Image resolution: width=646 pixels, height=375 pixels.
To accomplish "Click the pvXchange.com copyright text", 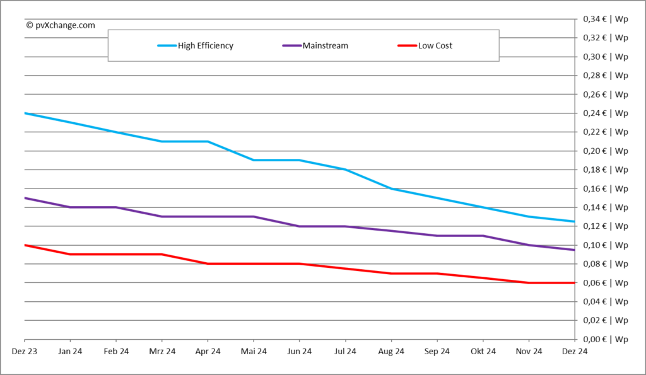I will point(61,25).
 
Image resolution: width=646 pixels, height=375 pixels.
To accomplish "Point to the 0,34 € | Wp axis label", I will point(604,20).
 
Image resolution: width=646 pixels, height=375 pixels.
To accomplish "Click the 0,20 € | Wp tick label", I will point(604,151).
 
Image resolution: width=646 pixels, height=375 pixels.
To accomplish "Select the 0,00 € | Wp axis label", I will point(604,339).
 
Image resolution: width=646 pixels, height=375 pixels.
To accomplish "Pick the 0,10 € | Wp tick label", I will point(604,245).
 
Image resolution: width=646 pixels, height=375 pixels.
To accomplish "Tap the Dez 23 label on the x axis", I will point(24,351).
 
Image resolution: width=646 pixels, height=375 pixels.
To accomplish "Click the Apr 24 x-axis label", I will point(208,351).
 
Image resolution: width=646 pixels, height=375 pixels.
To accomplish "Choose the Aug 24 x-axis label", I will point(391,351).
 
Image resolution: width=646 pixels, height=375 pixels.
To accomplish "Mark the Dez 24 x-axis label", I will point(575,351).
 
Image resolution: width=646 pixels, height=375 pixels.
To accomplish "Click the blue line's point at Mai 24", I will point(254,160).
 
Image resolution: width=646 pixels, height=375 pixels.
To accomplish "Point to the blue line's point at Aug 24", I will point(391,188).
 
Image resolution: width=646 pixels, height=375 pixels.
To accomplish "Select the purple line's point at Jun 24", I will point(299,226).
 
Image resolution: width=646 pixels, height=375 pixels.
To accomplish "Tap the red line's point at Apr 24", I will point(208,263).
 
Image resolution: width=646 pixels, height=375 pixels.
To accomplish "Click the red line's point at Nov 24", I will point(529,282).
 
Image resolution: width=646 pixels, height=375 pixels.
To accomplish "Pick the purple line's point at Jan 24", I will point(70,207).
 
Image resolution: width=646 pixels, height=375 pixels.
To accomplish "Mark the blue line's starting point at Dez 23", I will point(24,113).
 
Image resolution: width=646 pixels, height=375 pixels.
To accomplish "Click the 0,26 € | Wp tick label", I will point(604,95).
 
